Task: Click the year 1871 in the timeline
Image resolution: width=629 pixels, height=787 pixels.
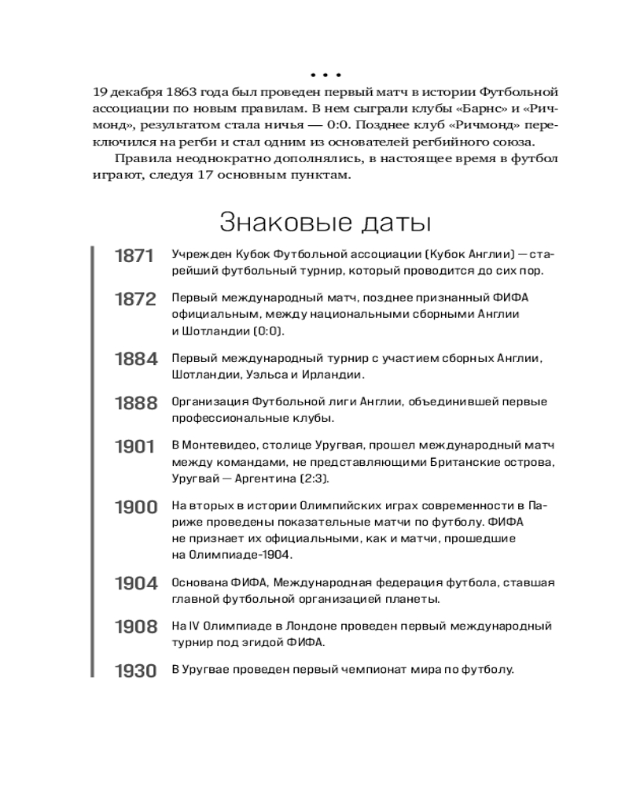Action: point(135,256)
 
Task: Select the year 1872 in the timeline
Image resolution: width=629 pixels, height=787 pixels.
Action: point(135,301)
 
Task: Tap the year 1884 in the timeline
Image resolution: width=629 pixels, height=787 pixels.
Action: point(135,360)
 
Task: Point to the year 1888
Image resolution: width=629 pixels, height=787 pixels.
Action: point(135,404)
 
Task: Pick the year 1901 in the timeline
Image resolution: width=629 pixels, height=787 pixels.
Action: point(135,448)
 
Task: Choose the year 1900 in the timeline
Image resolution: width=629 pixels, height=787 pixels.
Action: point(135,507)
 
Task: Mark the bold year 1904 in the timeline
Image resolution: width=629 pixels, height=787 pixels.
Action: point(135,583)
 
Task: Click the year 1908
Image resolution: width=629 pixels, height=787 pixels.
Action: point(135,627)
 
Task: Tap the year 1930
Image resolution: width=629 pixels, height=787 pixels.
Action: point(135,671)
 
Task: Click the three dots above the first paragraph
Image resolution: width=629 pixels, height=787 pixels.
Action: point(325,76)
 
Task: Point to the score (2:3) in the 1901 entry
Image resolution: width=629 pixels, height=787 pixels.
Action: point(311,478)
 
